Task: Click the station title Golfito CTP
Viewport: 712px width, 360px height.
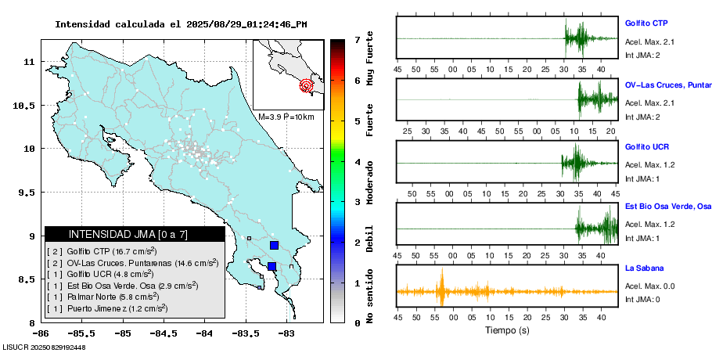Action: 645,23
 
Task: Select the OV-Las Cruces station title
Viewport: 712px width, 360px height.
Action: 667,85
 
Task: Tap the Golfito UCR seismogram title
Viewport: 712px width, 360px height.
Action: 646,146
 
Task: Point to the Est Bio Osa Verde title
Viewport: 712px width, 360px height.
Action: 667,207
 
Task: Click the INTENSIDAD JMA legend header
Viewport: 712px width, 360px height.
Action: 134,234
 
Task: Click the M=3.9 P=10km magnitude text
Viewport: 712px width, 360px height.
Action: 286,117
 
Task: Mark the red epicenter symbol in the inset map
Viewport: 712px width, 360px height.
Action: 306,85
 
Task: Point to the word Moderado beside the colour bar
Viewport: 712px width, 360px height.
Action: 369,182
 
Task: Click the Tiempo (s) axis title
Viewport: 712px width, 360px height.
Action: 508,330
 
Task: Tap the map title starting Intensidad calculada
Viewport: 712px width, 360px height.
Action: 181,23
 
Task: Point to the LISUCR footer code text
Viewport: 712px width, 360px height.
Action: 44,347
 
